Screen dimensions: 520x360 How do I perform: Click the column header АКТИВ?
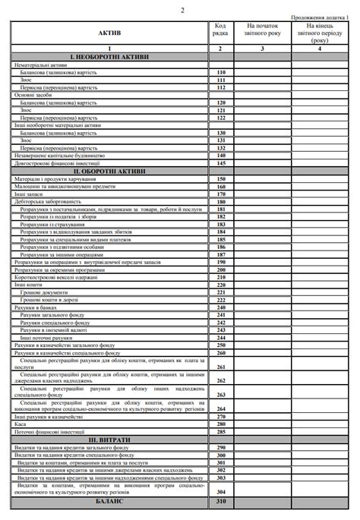point(109,33)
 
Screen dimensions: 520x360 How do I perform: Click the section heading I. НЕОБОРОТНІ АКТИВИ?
point(109,57)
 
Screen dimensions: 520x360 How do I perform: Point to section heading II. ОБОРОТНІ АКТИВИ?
point(109,172)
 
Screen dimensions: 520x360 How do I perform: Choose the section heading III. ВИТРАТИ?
point(109,440)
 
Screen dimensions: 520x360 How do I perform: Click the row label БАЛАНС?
point(109,503)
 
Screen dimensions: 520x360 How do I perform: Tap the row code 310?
point(221,503)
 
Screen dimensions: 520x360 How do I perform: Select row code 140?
point(221,156)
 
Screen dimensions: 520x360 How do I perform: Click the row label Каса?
point(21,424)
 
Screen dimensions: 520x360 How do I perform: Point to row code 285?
point(221,432)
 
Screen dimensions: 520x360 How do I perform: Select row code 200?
point(221,269)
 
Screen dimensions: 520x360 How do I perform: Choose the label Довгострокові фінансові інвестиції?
point(52,163)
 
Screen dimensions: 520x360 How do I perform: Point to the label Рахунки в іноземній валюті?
point(53,330)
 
